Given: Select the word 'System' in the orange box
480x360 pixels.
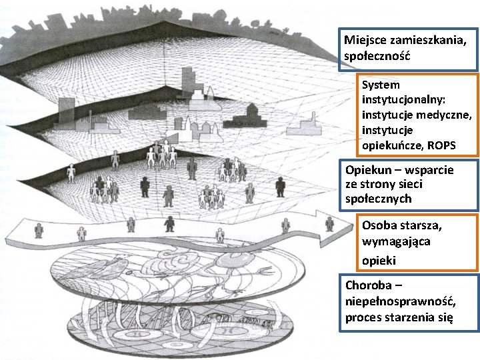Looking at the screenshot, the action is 381,85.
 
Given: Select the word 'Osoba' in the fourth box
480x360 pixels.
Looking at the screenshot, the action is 379,225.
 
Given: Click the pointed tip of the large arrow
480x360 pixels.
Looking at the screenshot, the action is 353,229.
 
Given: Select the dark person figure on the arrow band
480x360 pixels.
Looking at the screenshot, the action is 170,224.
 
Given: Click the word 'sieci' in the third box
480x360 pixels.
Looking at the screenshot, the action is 410,184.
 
